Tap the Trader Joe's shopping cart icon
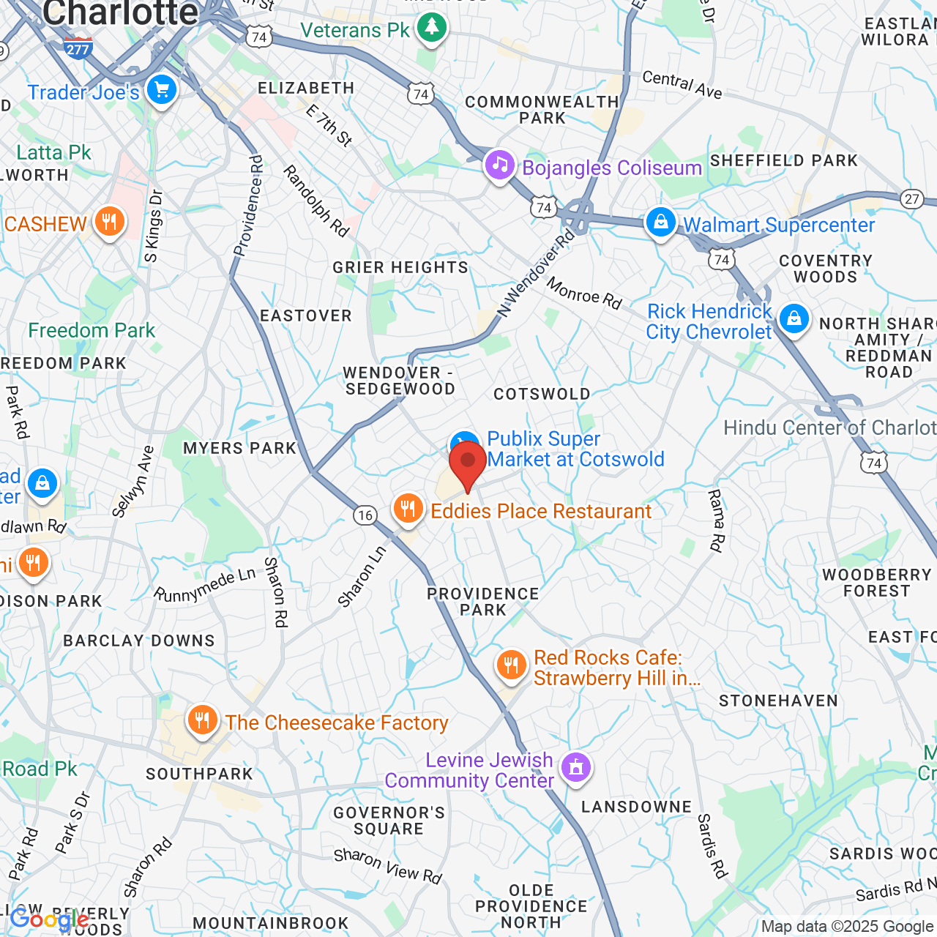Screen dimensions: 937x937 pyautogui.click(x=162, y=90)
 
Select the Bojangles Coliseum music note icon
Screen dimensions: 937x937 pyautogui.click(x=500, y=165)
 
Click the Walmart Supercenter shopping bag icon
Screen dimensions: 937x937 pyautogui.click(x=660, y=222)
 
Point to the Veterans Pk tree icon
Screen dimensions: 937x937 pyautogui.click(x=431, y=28)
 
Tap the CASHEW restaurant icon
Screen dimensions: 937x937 pyautogui.click(x=110, y=221)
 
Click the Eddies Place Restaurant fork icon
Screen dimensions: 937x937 pyautogui.click(x=408, y=508)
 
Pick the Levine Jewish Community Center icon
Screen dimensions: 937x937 pyautogui.click(x=576, y=768)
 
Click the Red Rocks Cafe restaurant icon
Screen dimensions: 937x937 pyautogui.click(x=511, y=665)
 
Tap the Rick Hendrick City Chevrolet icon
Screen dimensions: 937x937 pyautogui.click(x=794, y=318)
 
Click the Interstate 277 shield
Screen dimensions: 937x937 pyautogui.click(x=78, y=48)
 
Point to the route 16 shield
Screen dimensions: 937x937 pyautogui.click(x=365, y=515)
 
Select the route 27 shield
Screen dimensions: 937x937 pyautogui.click(x=911, y=199)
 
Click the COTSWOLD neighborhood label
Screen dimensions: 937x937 pyautogui.click(x=542, y=395)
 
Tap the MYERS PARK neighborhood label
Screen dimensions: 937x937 pyautogui.click(x=239, y=448)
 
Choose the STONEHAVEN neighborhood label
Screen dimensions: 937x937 pyautogui.click(x=778, y=701)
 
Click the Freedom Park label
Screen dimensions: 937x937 pyautogui.click(x=92, y=331)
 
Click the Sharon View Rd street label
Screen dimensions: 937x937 pyautogui.click(x=388, y=866)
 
